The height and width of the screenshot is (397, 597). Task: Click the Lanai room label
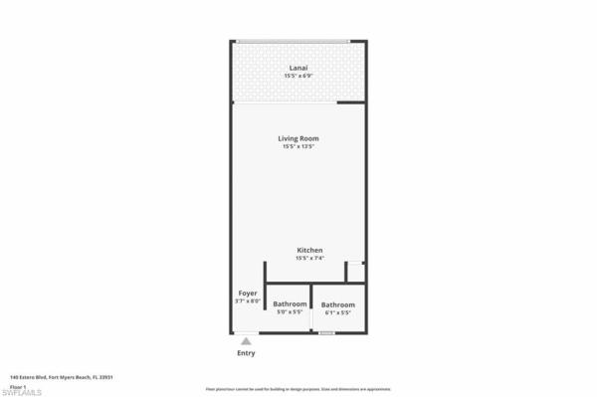298,68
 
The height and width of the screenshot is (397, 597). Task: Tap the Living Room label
298,138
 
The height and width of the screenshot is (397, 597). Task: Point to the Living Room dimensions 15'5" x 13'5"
298,147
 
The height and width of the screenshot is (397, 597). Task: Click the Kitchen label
309,250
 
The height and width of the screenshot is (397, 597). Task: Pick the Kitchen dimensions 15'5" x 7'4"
309,259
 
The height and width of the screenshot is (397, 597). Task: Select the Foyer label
248,293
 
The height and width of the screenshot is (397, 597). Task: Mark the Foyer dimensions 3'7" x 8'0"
248,300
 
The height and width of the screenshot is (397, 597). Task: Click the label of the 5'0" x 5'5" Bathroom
290,303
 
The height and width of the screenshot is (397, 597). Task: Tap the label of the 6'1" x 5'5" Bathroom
338,304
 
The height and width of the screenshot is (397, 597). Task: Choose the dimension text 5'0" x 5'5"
290,312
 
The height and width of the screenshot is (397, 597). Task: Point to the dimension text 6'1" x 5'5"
338,313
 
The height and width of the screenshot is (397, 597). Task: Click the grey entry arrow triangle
246,340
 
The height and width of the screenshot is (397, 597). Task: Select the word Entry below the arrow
246,353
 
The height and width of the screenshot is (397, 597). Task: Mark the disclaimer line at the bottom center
298,389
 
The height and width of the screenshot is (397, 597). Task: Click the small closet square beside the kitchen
354,272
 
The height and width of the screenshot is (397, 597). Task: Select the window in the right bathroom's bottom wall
325,332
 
